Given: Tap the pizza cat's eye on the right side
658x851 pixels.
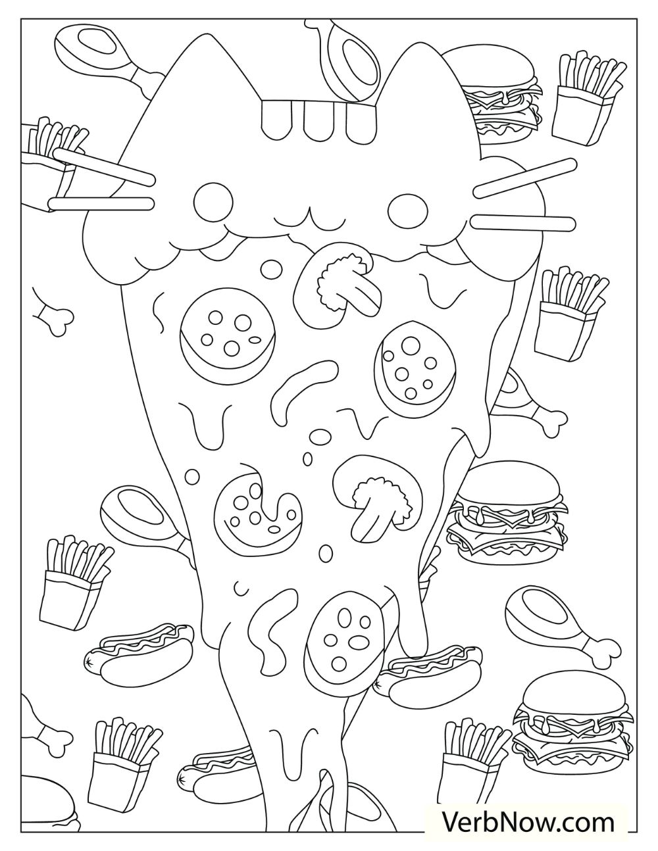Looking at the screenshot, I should pyautogui.click(x=404, y=207).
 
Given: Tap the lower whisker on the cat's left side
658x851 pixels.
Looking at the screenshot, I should pyautogui.click(x=99, y=205).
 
